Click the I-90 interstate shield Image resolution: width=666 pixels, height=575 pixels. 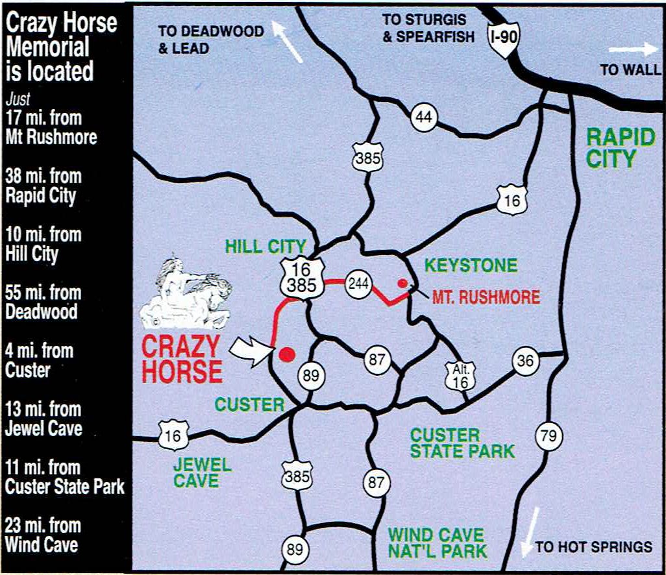[x=504, y=40]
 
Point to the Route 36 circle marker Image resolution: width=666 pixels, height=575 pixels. [x=524, y=361]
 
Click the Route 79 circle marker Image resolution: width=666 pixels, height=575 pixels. [x=549, y=437]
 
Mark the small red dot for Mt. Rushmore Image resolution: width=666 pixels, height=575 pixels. [x=402, y=283]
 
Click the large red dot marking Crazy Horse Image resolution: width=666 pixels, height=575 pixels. [x=286, y=354]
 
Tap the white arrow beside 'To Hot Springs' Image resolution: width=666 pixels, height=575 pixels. [x=530, y=532]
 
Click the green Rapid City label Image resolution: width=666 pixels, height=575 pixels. [x=611, y=148]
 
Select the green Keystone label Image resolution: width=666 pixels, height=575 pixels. [x=471, y=265]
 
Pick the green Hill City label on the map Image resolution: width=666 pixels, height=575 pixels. [x=265, y=247]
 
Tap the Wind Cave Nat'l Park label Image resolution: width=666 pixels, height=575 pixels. [x=437, y=543]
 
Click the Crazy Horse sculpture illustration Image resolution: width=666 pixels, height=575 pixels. [x=192, y=292]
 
